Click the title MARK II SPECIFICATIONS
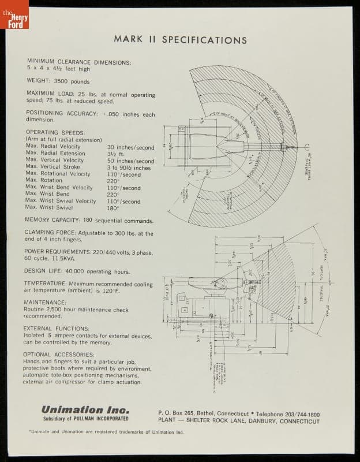pyautogui.click(x=180, y=40)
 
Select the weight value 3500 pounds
pyautogui.click(x=72, y=82)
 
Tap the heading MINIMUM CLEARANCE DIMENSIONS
pyautogui.click(x=78, y=62)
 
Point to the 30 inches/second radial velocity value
pyautogui.click(x=130, y=147)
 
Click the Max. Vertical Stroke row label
pyautogui.click(x=55, y=167)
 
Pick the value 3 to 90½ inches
pyautogui.click(x=129, y=168)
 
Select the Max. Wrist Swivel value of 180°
pyautogui.click(x=113, y=208)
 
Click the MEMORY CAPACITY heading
pyautogui.click(x=51, y=221)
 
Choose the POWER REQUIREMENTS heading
pyautogui.click(x=61, y=252)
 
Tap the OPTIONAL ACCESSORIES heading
pyautogui.click(x=58, y=355)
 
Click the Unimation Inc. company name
pyautogui.click(x=81, y=409)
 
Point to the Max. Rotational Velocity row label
pyautogui.click(x=58, y=174)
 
